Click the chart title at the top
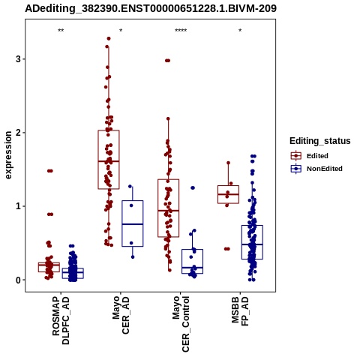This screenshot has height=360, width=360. click(x=151, y=8)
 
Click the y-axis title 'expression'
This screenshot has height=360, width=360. click(x=8, y=155)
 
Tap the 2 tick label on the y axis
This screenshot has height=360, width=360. click(x=19, y=133)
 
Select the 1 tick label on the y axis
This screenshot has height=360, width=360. click(x=19, y=206)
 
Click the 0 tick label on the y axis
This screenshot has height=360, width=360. click(x=19, y=280)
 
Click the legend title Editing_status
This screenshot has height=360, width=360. click(x=320, y=141)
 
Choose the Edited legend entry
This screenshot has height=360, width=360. click(x=310, y=156)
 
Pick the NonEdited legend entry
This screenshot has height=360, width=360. click(x=316, y=169)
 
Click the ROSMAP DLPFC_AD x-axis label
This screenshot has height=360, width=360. click(x=61, y=321)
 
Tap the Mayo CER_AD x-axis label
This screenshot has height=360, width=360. click(x=121, y=315)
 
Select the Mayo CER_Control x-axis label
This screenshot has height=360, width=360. click(x=181, y=324)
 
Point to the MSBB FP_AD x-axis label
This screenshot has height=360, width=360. click(x=240, y=311)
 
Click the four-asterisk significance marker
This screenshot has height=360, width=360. click(x=181, y=31)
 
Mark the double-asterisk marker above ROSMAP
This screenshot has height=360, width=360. click(x=61, y=31)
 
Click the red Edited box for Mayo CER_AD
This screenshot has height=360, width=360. click(x=109, y=160)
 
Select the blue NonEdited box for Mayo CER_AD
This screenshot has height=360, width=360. click(x=133, y=223)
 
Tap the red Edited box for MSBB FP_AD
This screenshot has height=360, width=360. click(x=228, y=194)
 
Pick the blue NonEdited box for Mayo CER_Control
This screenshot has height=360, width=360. click(x=192, y=261)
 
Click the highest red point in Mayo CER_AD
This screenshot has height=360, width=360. click(x=109, y=38)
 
